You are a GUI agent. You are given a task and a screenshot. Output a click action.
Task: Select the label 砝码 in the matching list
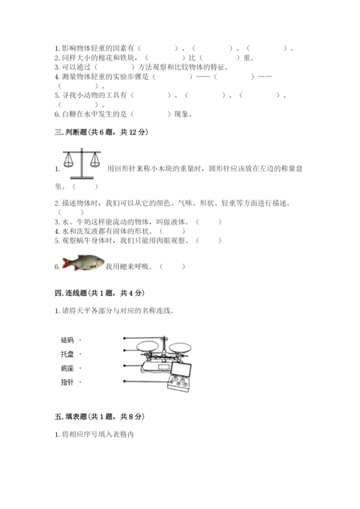pyautogui.click(x=69, y=339)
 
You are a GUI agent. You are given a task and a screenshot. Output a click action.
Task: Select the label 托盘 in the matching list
pyautogui.click(x=69, y=354)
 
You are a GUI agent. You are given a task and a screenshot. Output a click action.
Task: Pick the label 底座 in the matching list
pyautogui.click(x=69, y=368)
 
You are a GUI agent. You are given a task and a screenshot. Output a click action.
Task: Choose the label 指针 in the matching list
pyautogui.click(x=69, y=382)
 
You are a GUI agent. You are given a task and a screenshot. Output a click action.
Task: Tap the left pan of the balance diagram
pyautogui.click(x=148, y=346)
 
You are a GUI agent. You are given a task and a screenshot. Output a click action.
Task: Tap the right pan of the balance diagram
pyautogui.click(x=186, y=346)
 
